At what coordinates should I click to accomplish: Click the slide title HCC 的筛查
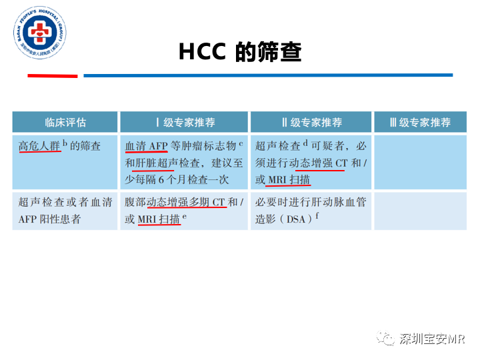(240, 52)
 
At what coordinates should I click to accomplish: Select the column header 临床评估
(65, 123)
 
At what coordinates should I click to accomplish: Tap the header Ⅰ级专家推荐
(184, 123)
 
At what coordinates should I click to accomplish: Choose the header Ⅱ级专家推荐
(311, 123)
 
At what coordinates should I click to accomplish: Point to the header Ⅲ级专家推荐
(420, 123)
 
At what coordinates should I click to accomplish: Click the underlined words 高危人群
(40, 145)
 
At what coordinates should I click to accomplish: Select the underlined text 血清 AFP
(146, 145)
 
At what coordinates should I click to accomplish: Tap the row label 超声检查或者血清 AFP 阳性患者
(65, 211)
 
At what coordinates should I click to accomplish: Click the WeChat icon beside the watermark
(385, 339)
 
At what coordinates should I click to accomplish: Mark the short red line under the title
(52, 76)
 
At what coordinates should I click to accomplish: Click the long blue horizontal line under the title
(267, 75)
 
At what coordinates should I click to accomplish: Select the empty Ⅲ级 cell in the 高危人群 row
(420, 163)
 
